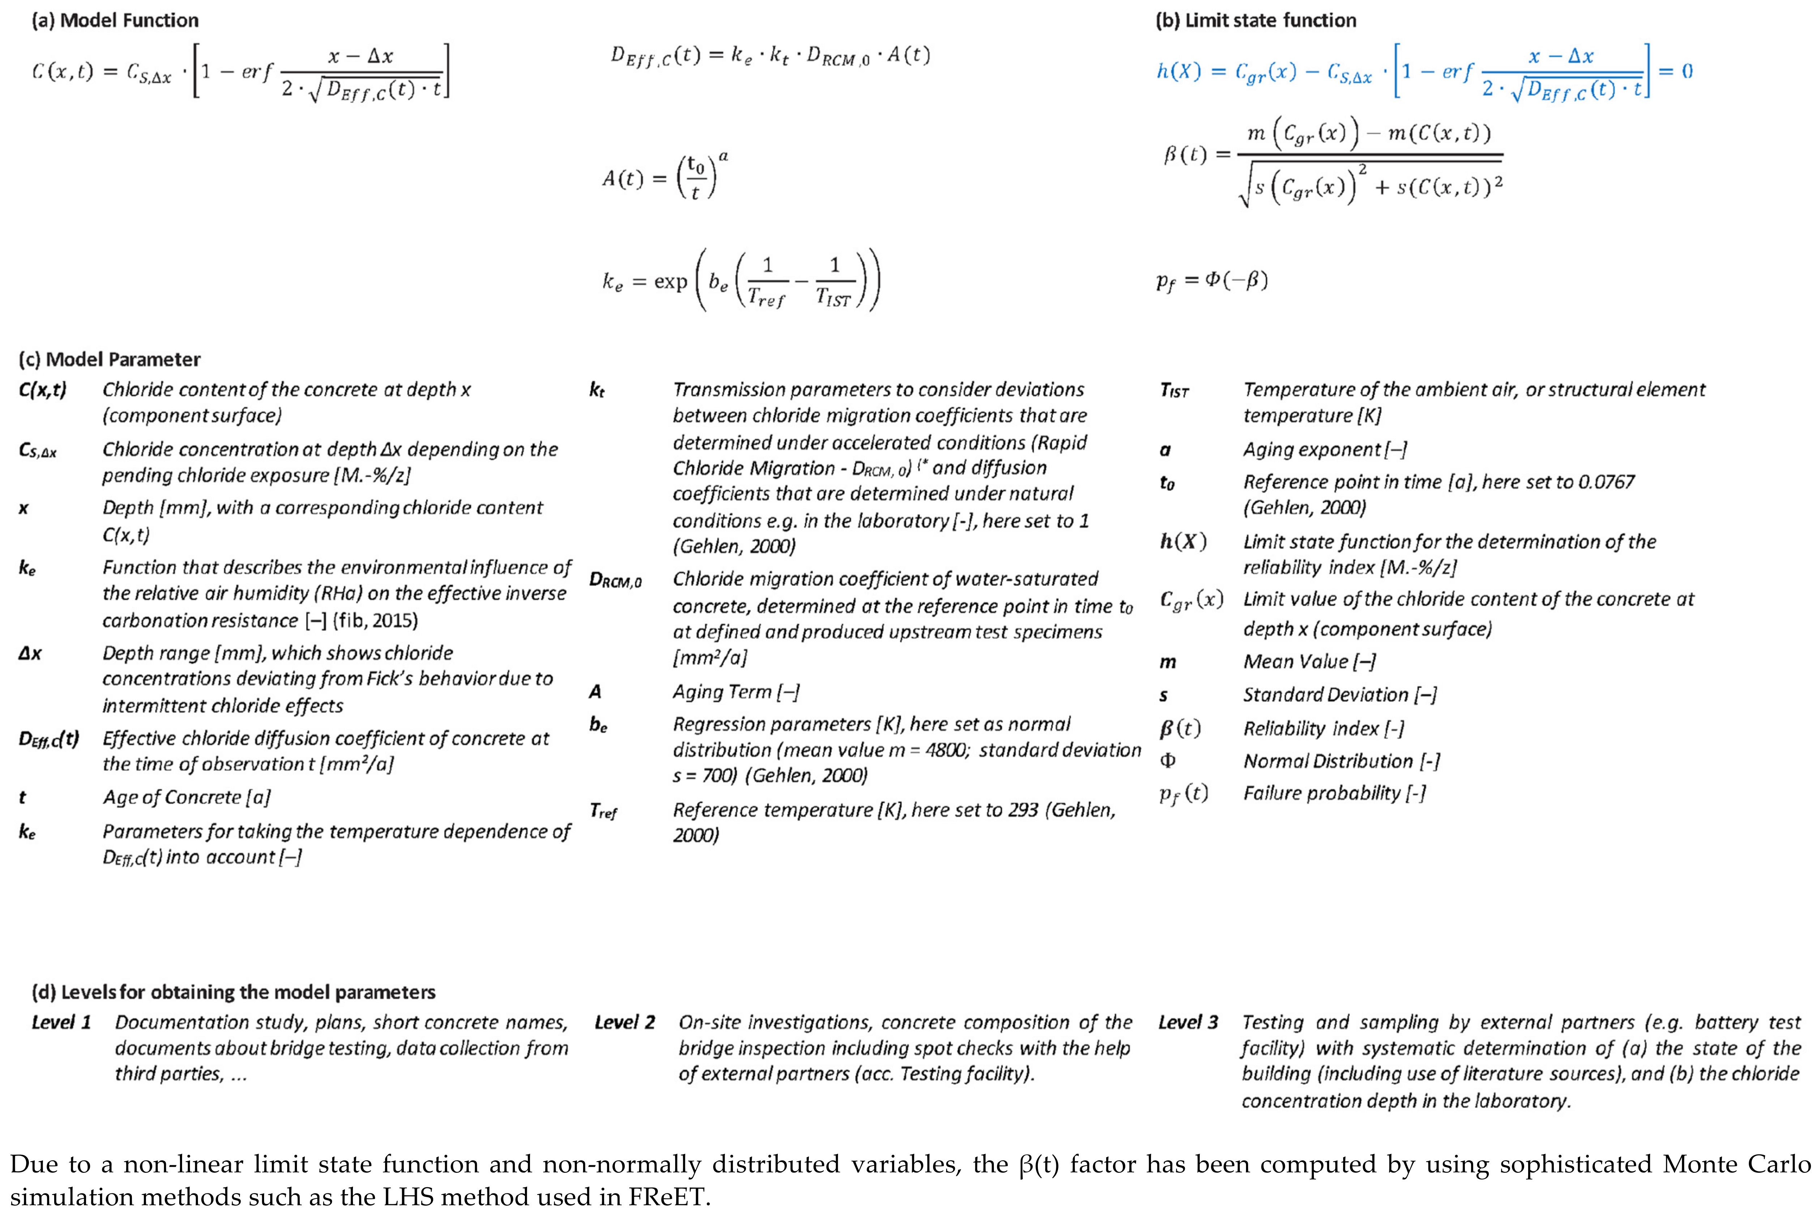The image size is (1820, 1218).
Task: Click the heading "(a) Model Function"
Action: pyautogui.click(x=115, y=20)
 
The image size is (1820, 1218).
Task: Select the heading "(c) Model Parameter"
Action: pyautogui.click(x=109, y=359)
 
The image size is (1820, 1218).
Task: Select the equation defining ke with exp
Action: pyautogui.click(x=742, y=280)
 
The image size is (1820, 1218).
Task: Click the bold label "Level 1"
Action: pyautogui.click(x=61, y=1022)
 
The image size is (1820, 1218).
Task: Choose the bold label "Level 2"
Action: pyautogui.click(x=625, y=1022)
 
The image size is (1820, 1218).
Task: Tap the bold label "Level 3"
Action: pyautogui.click(x=1188, y=1022)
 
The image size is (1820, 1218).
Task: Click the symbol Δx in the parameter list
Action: pyautogui.click(x=30, y=653)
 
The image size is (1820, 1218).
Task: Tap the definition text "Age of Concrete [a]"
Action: pyautogui.click(x=186, y=798)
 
